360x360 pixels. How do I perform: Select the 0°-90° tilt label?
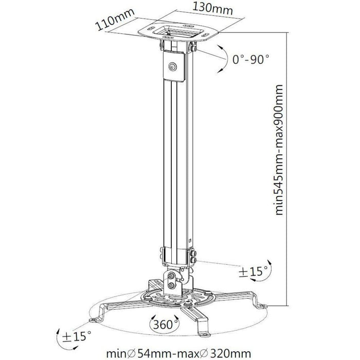click(250, 60)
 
